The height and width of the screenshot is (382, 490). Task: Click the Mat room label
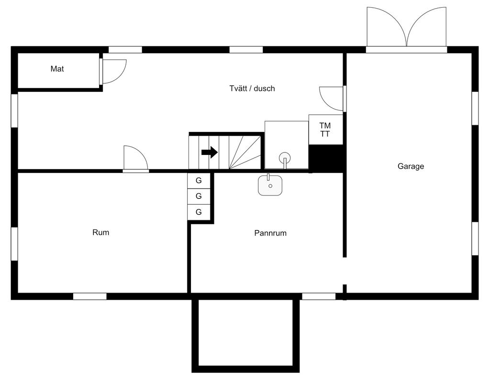pyautogui.click(x=57, y=69)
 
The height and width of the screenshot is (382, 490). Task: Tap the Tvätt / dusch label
pyautogui.click(x=252, y=88)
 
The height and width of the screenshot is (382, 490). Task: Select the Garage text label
pyautogui.click(x=411, y=166)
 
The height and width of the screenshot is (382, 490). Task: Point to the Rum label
pyautogui.click(x=100, y=232)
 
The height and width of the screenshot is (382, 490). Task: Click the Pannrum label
pyautogui.click(x=270, y=233)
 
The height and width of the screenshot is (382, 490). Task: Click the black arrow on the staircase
pyautogui.click(x=210, y=153)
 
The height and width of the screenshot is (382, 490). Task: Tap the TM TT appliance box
pyautogui.click(x=325, y=130)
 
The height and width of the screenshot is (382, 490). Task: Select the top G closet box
pyautogui.click(x=199, y=181)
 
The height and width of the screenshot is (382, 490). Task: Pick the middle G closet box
pyautogui.click(x=199, y=196)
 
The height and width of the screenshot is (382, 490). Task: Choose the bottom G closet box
pyautogui.click(x=199, y=212)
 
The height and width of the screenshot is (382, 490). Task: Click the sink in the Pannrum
pyautogui.click(x=270, y=185)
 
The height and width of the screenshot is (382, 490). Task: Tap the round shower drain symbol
pyautogui.click(x=284, y=157)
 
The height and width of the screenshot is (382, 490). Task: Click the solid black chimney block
pyautogui.click(x=326, y=158)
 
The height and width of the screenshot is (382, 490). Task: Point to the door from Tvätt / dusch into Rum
pyautogui.click(x=135, y=159)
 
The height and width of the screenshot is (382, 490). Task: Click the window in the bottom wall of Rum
pyautogui.click(x=89, y=296)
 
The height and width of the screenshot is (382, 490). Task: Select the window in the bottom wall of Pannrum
pyautogui.click(x=319, y=296)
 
